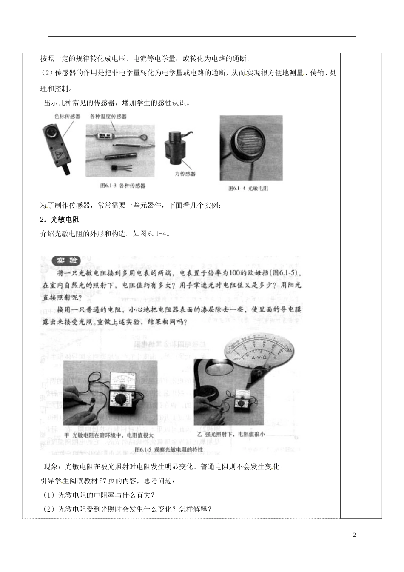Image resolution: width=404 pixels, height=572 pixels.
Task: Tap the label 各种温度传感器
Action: pyautogui.click(x=108, y=116)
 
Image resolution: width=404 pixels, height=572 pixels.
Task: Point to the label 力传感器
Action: pyautogui.click(x=185, y=174)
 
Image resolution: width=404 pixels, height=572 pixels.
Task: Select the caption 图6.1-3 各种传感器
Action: pyautogui.click(x=122, y=186)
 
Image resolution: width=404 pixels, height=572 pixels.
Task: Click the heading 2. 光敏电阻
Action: pyautogui.click(x=60, y=220)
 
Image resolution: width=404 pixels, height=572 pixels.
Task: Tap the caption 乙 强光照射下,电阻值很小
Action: pyautogui.click(x=231, y=435)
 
